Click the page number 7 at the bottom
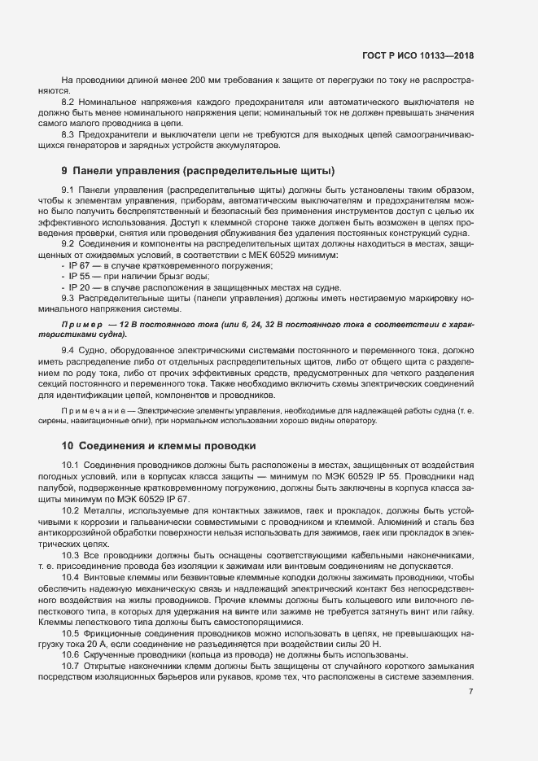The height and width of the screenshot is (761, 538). [x=470, y=692]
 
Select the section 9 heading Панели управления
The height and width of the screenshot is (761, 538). [x=199, y=171]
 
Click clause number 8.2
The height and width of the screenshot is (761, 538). [x=69, y=102]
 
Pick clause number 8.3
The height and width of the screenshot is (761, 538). [x=69, y=134]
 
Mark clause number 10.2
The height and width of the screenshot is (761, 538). [x=71, y=510]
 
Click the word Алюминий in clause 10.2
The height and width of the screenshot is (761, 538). [x=403, y=520]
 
